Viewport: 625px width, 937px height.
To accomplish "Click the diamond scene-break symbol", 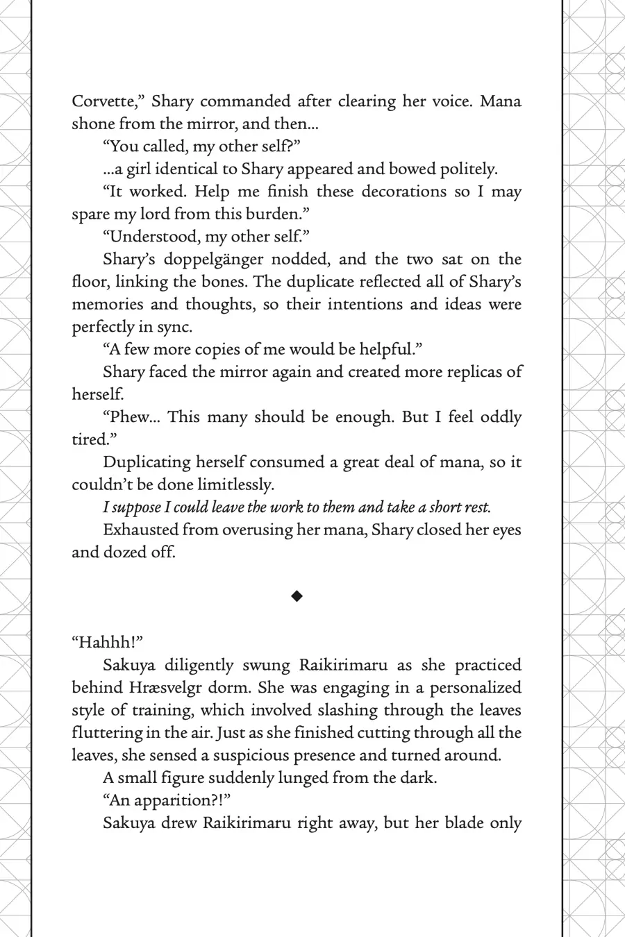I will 297,596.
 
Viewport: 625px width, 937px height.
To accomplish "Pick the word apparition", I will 176,800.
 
